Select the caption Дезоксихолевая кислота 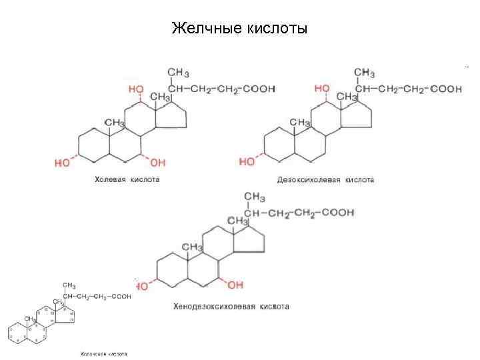point(325,180)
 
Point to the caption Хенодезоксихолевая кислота point(231,307)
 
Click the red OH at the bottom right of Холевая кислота point(157,162)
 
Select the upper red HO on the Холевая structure point(135,89)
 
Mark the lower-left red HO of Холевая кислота point(63,162)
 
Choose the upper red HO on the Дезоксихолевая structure point(321,88)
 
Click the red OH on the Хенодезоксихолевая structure point(235,285)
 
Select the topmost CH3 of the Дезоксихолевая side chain point(365,72)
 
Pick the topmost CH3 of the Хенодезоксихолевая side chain point(255,197)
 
